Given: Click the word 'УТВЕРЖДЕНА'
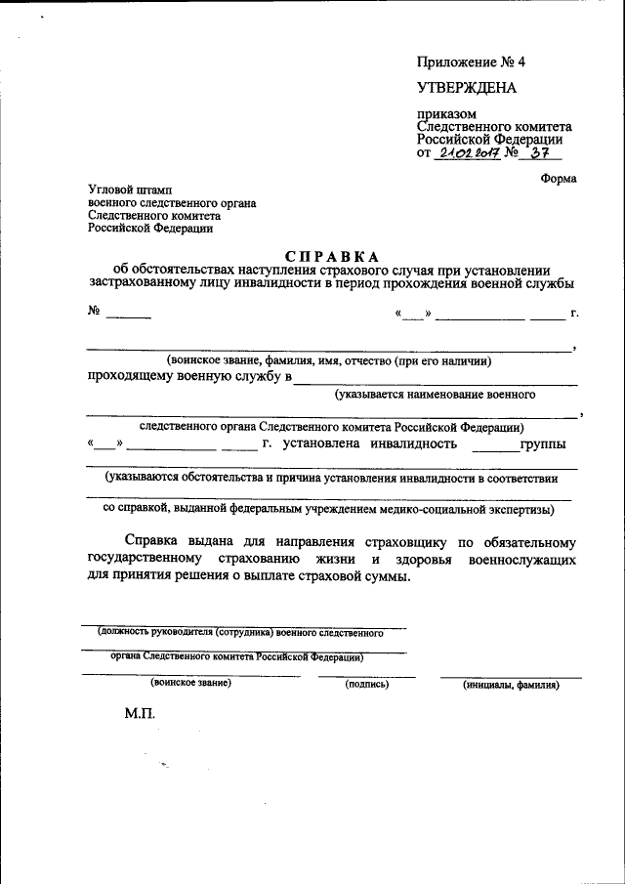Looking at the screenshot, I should click(x=467, y=88).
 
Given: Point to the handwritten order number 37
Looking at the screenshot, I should click(x=538, y=153).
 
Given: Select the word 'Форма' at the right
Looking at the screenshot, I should click(x=558, y=178).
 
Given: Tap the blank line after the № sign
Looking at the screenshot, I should click(x=128, y=316).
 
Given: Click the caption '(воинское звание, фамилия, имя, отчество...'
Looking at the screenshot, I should click(x=328, y=361).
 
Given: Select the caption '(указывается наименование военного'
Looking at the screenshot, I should click(x=435, y=395).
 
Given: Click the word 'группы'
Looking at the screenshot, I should click(x=542, y=444).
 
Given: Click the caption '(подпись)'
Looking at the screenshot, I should click(x=367, y=685).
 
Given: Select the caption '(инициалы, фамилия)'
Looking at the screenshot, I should click(x=511, y=686).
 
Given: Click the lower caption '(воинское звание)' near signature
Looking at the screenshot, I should click(x=191, y=683).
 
